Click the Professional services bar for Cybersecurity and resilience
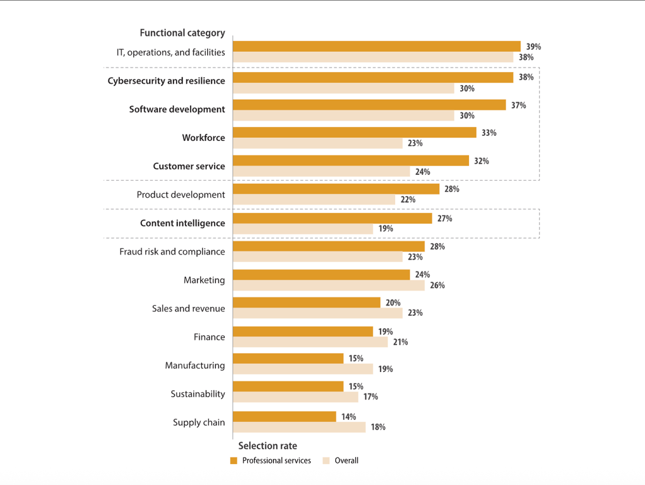[x=372, y=77]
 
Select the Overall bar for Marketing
[x=328, y=285]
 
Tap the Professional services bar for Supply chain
[x=284, y=417]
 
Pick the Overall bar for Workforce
[x=317, y=143]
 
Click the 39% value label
[x=533, y=47]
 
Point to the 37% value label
[x=518, y=105]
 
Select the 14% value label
[x=348, y=417]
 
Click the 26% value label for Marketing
[x=437, y=285]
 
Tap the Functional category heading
[x=182, y=33]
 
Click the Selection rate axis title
[x=268, y=446]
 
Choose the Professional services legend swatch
[x=234, y=461]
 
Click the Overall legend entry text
[x=346, y=461]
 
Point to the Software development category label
[x=177, y=109]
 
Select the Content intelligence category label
[x=182, y=223]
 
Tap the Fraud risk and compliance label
[x=172, y=251]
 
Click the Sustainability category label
[x=198, y=394]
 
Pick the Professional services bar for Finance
[x=303, y=332]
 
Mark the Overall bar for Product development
[x=314, y=200]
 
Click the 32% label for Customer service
[x=481, y=161]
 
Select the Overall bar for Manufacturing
[x=303, y=369]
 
